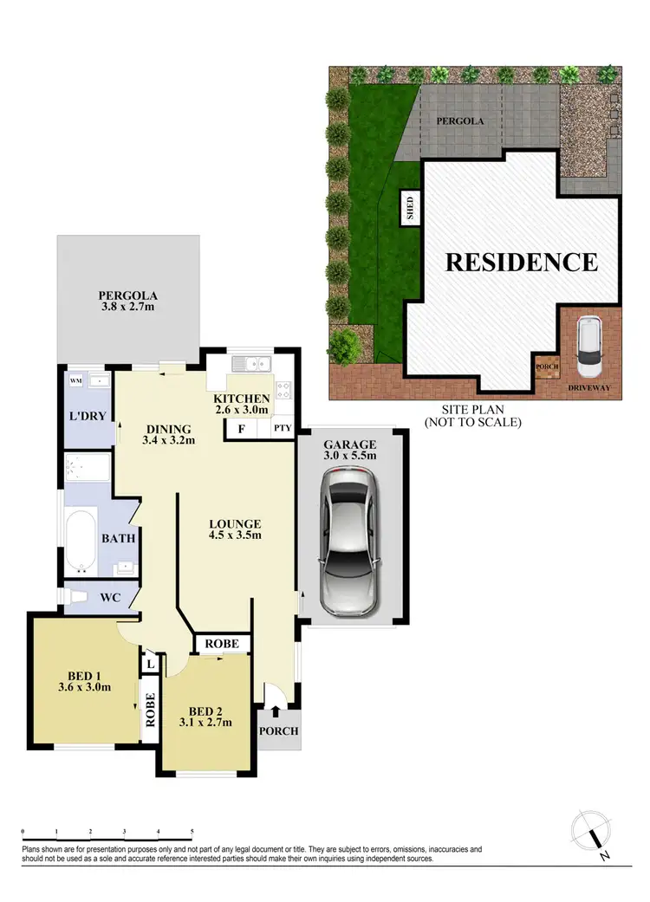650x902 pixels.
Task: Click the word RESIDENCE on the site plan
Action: (521, 261)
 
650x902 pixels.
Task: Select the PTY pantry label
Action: (283, 428)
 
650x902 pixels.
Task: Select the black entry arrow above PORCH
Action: (276, 711)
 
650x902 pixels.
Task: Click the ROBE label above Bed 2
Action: (223, 644)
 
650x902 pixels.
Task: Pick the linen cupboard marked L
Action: (151, 664)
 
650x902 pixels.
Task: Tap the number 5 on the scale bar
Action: (192, 830)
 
